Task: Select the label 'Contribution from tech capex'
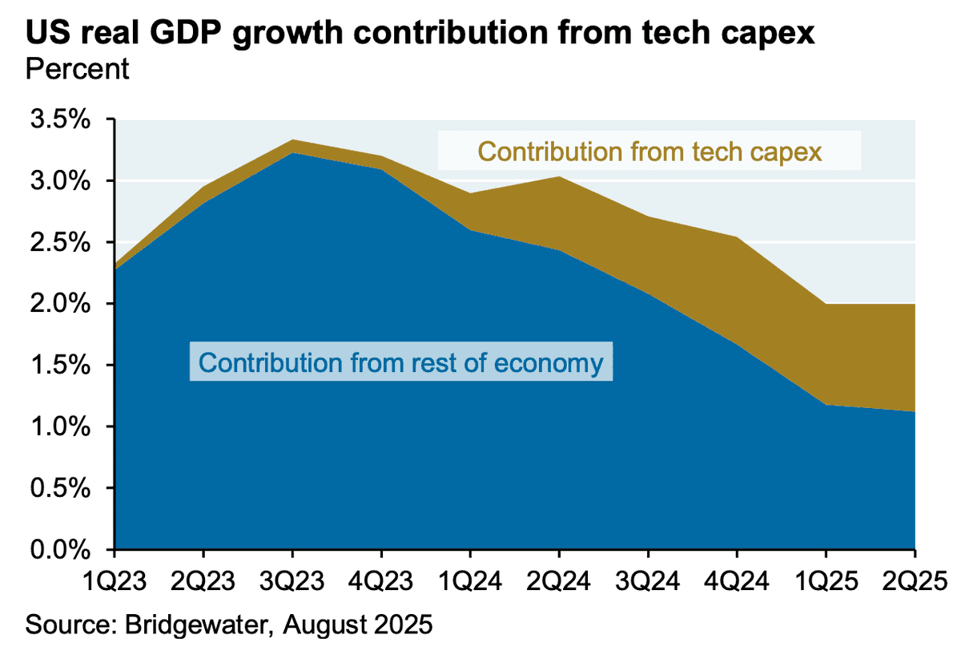click(x=649, y=151)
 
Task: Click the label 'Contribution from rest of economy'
click(x=400, y=362)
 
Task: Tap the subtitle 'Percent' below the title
click(x=78, y=69)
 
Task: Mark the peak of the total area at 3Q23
click(x=292, y=139)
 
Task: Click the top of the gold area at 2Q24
click(x=558, y=176)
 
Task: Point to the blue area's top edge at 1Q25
click(x=825, y=405)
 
